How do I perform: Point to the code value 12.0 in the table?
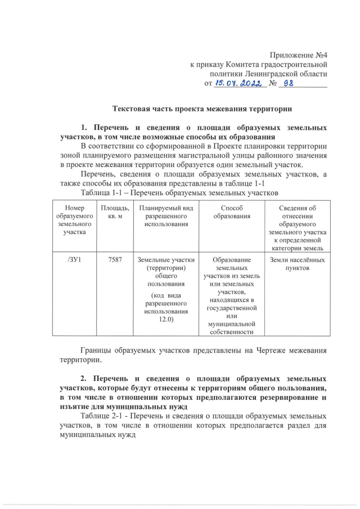click(165, 319)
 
